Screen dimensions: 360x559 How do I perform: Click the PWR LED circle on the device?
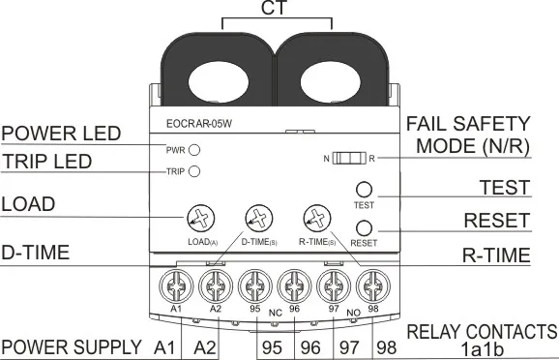pos(194,150)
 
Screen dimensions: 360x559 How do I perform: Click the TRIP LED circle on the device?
pos(194,172)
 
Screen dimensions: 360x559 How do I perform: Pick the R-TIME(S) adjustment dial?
pos(315,218)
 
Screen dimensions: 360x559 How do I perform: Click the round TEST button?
pos(365,190)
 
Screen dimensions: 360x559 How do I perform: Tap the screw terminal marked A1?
pos(176,286)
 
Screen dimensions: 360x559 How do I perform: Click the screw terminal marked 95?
pos(255,287)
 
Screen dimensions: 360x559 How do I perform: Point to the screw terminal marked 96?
pos(294,287)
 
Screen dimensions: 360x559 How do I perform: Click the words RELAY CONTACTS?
pos(482,331)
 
